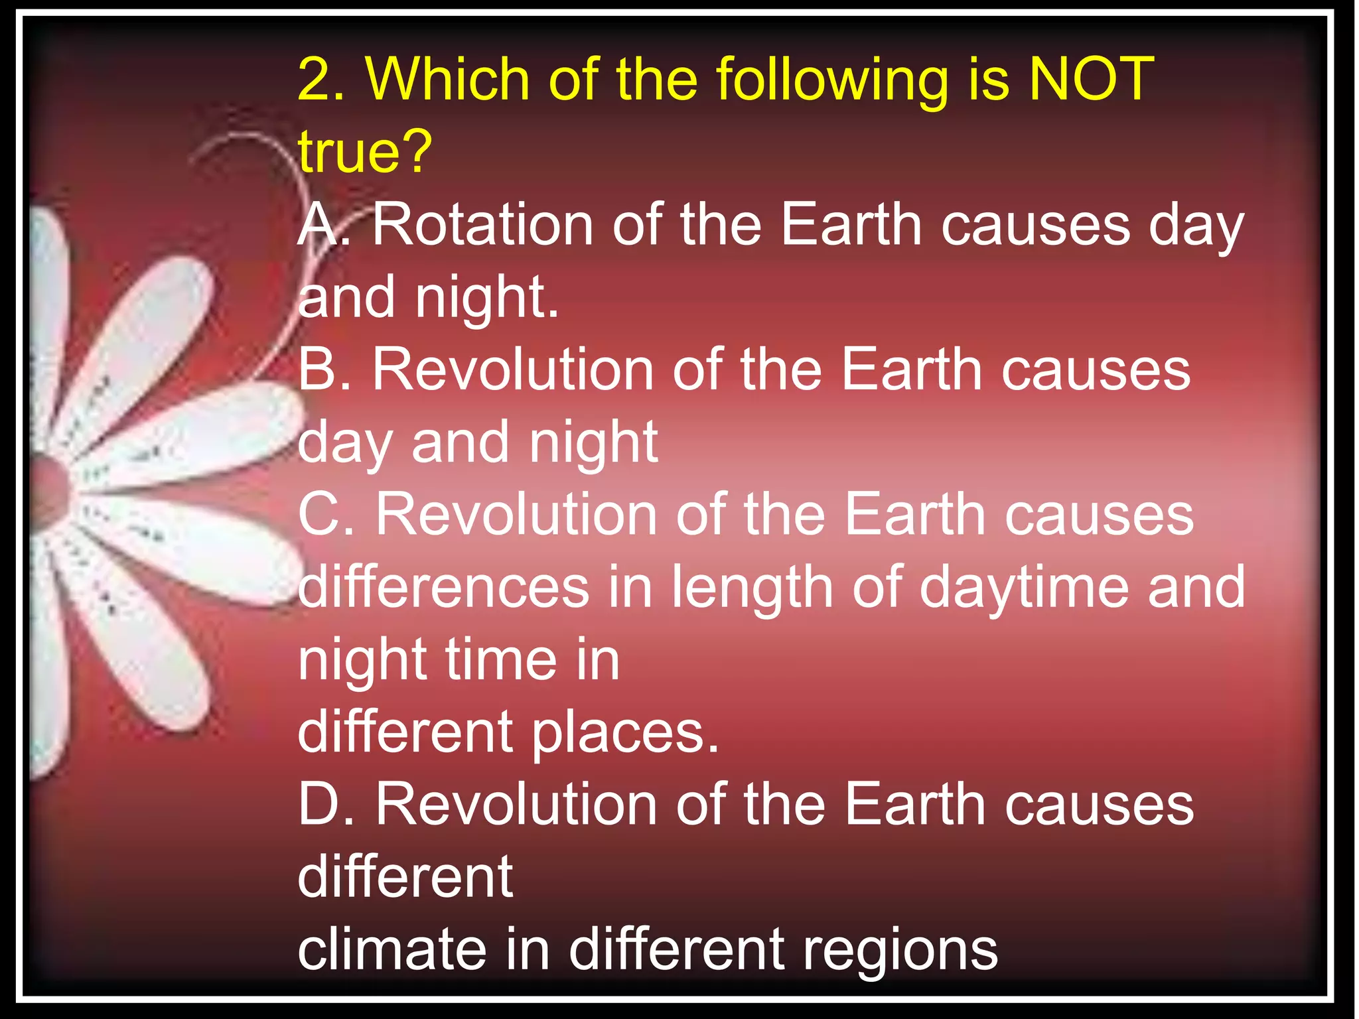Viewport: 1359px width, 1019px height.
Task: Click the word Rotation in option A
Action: coord(482,225)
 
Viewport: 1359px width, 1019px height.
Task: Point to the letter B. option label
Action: coord(324,370)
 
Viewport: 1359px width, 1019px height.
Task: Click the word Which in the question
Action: coord(448,80)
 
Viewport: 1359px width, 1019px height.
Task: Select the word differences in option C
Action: coord(443,587)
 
